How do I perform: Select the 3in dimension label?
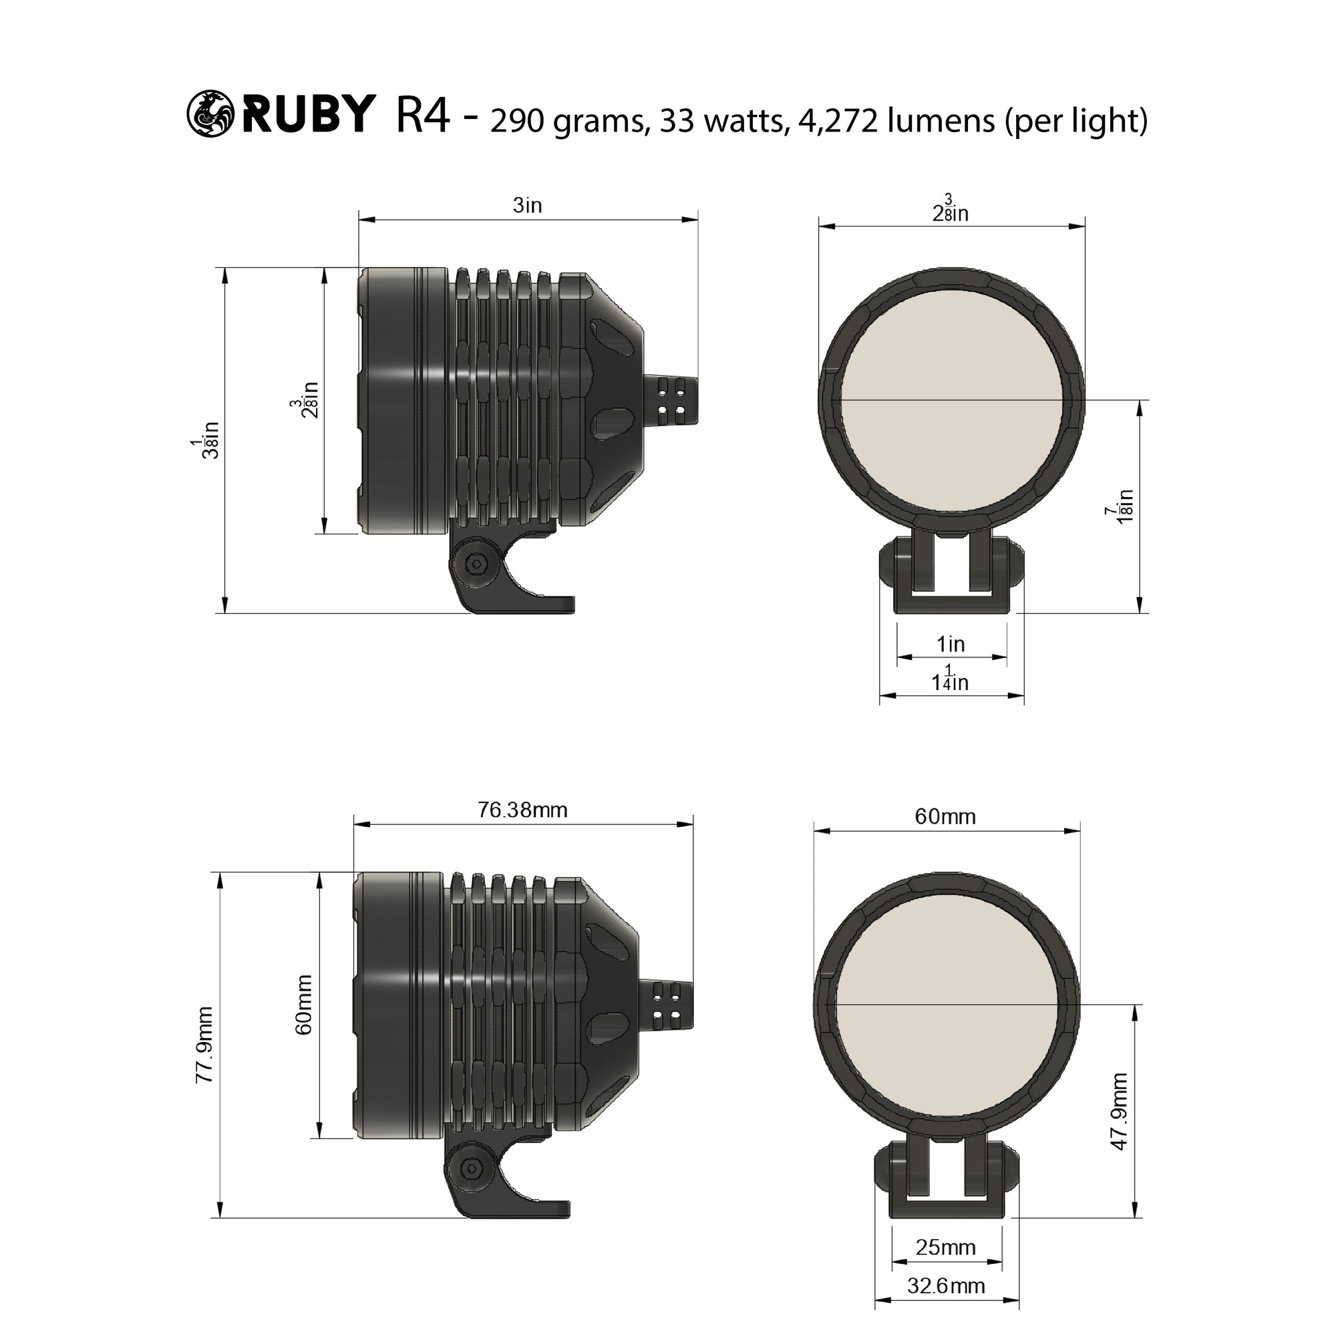pyautogui.click(x=528, y=205)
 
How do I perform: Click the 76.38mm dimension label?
pyautogui.click(x=522, y=810)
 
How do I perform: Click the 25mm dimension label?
pyautogui.click(x=945, y=1246)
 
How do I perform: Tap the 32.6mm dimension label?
pyautogui.click(x=945, y=1285)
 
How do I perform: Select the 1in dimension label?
pyautogui.click(x=950, y=644)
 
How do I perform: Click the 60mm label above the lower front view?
pyautogui.click(x=945, y=817)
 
